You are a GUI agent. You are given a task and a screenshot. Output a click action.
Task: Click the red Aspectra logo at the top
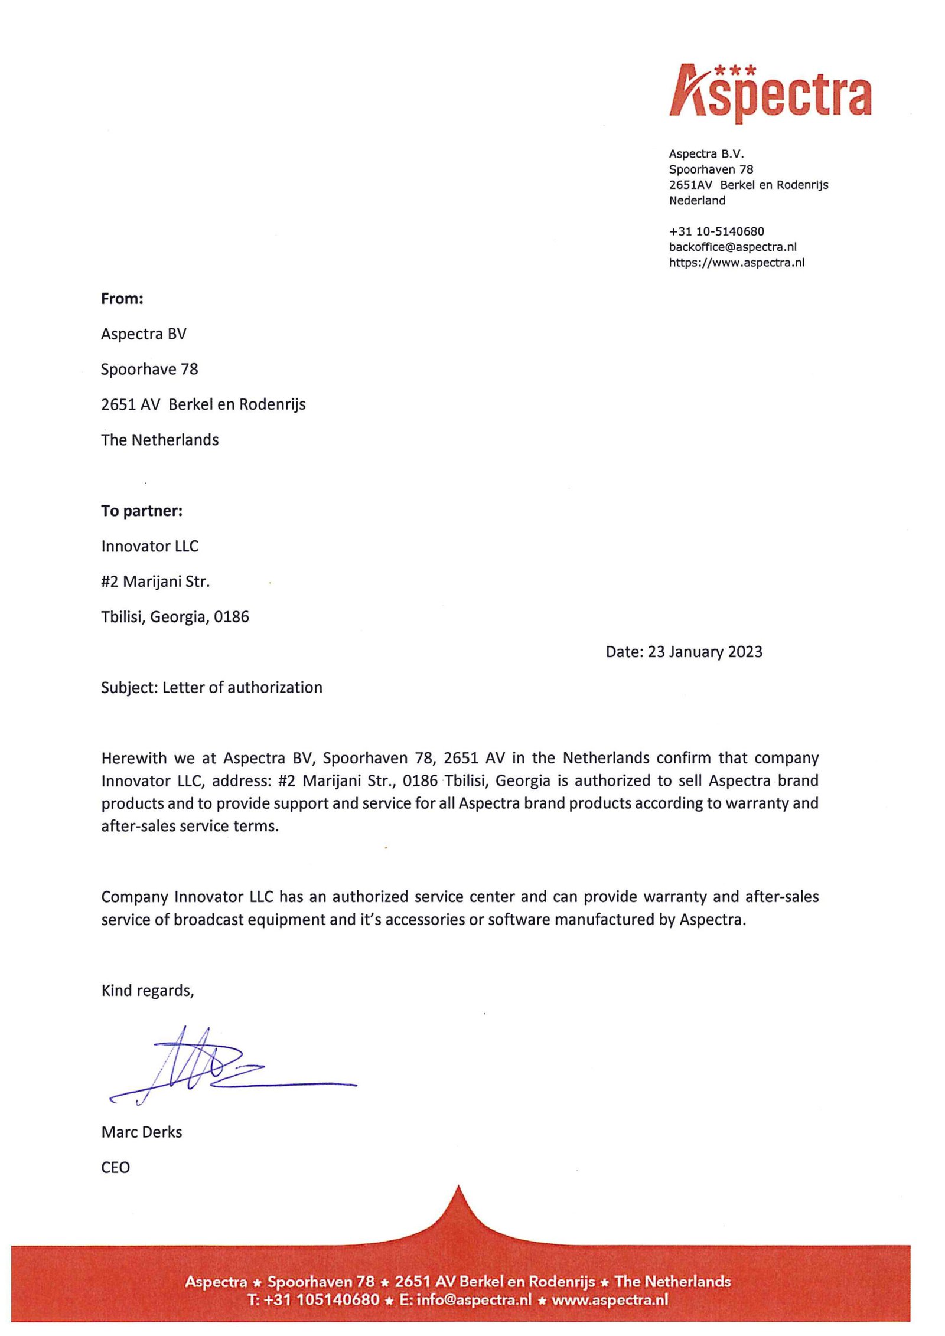click(x=770, y=93)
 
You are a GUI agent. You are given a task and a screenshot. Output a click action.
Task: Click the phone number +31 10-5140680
click(x=716, y=231)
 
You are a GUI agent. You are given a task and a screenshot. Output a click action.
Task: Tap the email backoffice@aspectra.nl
click(x=732, y=247)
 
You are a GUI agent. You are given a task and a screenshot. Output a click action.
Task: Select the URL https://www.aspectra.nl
click(x=737, y=263)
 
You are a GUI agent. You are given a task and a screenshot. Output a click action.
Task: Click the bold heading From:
click(x=122, y=299)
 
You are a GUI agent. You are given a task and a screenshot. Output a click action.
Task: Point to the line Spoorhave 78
click(x=149, y=370)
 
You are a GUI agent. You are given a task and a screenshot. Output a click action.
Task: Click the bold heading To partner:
click(x=142, y=511)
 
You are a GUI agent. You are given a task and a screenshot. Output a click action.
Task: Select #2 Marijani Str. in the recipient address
click(x=155, y=582)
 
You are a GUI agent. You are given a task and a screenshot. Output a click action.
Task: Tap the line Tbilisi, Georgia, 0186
click(x=175, y=617)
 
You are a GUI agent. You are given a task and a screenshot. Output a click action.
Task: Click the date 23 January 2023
click(x=705, y=652)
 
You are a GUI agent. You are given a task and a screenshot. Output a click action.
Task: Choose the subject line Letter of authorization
click(x=242, y=687)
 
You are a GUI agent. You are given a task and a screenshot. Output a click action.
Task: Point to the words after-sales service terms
click(x=190, y=826)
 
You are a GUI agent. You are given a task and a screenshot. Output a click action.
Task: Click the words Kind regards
click(x=147, y=990)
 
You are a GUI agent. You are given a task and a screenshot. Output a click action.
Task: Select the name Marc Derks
click(x=142, y=1132)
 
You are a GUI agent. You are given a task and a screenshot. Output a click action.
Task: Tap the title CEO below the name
click(x=115, y=1167)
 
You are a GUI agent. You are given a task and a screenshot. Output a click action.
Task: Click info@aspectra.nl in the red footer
click(x=474, y=1299)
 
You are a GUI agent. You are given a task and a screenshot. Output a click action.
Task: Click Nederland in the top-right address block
click(x=697, y=201)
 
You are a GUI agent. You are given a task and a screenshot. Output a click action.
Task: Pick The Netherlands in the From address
click(x=159, y=440)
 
